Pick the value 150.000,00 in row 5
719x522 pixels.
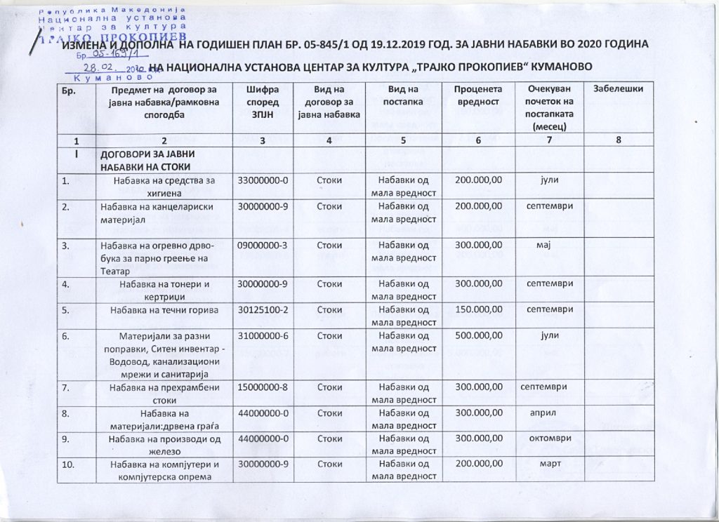pos(478,309)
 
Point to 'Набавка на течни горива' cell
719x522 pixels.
pos(163,310)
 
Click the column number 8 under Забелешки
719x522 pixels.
pos(618,141)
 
